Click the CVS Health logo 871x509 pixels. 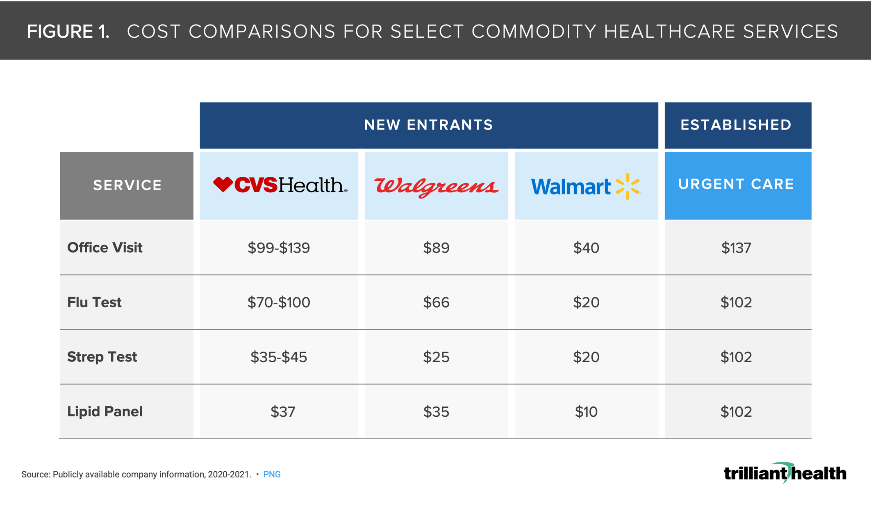(x=280, y=185)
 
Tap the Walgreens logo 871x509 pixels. (x=436, y=187)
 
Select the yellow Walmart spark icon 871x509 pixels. (x=628, y=187)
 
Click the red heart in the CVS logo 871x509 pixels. (x=223, y=184)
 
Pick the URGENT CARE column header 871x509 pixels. (x=736, y=185)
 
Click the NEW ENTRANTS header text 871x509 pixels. (x=428, y=125)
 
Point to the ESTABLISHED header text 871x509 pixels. (x=736, y=125)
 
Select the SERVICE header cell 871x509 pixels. (x=127, y=185)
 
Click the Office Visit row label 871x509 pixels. (x=105, y=248)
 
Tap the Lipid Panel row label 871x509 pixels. (x=105, y=411)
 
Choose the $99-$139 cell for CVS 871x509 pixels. (x=279, y=248)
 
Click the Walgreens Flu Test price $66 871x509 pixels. (x=436, y=302)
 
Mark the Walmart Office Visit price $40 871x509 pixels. (x=586, y=248)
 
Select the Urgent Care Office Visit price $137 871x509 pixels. (x=736, y=248)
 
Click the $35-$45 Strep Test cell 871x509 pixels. (x=279, y=357)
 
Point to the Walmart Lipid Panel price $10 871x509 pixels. (x=586, y=411)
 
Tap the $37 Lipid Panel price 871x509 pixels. (x=283, y=411)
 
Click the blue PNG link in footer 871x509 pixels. (x=272, y=475)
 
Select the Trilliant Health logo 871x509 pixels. (x=785, y=473)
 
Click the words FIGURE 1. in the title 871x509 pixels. (x=68, y=32)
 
